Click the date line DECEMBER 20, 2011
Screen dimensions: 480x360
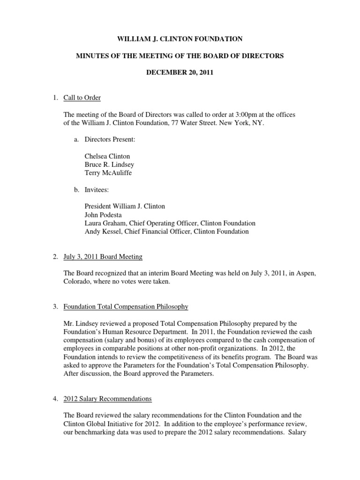point(180,73)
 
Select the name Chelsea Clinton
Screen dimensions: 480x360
point(107,156)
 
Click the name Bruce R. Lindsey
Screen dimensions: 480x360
point(107,164)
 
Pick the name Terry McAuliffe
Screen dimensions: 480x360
point(108,172)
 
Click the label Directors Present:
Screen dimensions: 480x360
point(110,140)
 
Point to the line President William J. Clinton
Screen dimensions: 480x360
point(125,206)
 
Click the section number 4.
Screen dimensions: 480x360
point(55,398)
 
